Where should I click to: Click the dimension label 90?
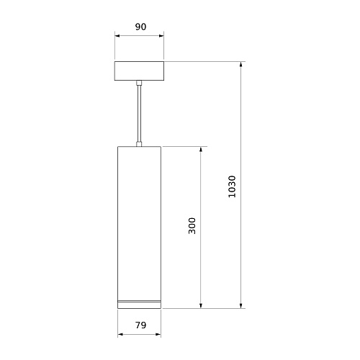click(140, 27)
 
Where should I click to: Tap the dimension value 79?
click(140, 325)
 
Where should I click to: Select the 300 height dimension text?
click(192, 226)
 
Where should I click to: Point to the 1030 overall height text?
click(232, 186)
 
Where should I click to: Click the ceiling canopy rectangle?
click(139, 71)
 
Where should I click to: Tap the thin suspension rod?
click(139, 113)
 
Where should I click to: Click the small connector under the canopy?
click(139, 83)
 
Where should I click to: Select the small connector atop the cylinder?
click(139, 144)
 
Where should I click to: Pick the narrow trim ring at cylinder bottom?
click(139, 301)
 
